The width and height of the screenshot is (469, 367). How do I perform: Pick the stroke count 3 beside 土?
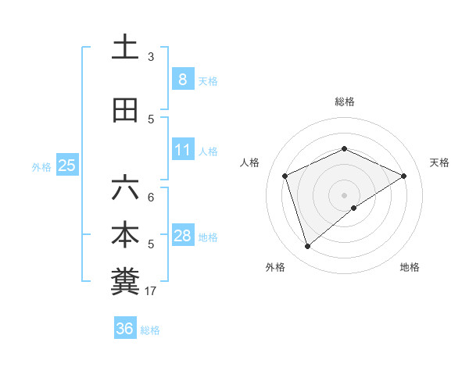click(151, 56)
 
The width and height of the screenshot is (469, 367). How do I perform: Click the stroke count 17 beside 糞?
click(151, 291)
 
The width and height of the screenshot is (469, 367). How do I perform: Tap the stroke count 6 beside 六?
click(151, 197)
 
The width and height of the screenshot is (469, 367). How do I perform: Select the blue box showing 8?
click(182, 79)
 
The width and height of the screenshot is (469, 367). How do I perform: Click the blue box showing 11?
click(183, 149)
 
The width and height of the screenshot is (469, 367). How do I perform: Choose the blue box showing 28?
click(183, 236)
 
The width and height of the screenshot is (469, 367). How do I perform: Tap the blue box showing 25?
click(66, 166)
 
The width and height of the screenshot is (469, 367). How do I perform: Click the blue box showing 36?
click(124, 329)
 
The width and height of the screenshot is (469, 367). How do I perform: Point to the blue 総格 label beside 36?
click(150, 330)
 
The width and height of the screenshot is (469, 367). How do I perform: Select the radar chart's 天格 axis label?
click(439, 162)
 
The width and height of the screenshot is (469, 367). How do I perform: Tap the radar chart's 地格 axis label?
click(410, 267)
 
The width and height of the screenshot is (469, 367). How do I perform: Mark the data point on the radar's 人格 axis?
click(285, 176)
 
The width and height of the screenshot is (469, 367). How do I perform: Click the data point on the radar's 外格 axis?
click(308, 247)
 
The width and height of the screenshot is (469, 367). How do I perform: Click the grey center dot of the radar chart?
click(344, 194)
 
